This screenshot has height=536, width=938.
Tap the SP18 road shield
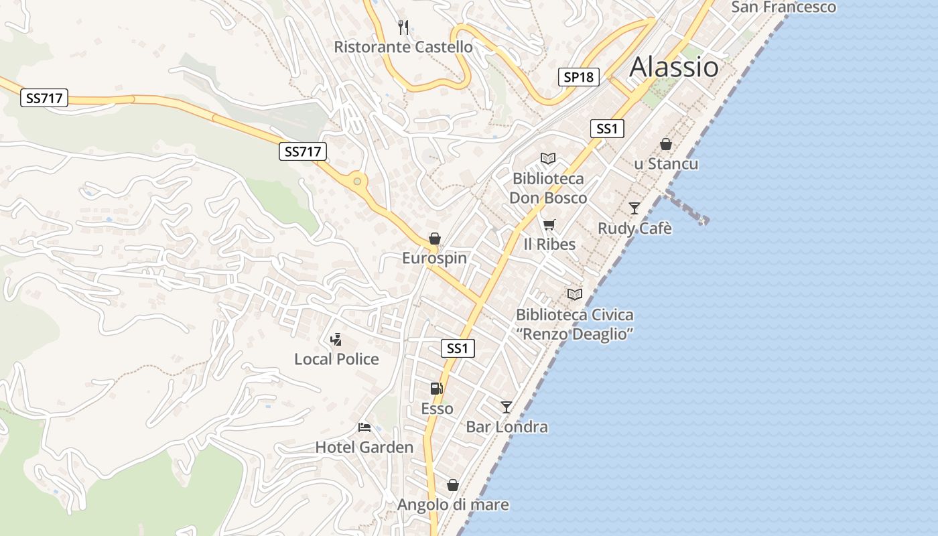tap(578, 77)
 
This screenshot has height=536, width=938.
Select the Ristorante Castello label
tap(403, 47)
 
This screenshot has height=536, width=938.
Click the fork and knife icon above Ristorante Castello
tap(403, 27)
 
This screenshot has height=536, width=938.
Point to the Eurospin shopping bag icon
tap(435, 239)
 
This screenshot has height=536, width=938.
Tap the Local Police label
tap(336, 359)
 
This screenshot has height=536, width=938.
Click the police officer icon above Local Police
tap(336, 340)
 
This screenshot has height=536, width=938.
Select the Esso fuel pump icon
tap(436, 389)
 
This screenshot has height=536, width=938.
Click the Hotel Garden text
tap(364, 447)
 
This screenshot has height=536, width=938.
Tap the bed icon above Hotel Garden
tap(364, 427)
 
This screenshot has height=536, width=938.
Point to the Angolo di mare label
tap(453, 505)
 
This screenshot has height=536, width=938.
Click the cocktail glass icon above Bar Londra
tap(507, 407)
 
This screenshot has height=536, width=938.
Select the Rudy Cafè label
tap(634, 228)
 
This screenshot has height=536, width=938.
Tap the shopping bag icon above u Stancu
tap(666, 144)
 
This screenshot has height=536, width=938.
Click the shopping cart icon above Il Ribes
tap(549, 224)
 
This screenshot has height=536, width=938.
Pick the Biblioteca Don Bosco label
tap(548, 188)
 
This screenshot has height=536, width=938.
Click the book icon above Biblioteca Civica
tap(574, 294)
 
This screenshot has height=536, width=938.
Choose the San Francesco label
tap(783, 7)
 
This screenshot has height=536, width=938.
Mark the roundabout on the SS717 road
tap(357, 181)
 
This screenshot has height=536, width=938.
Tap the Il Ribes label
tap(549, 244)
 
